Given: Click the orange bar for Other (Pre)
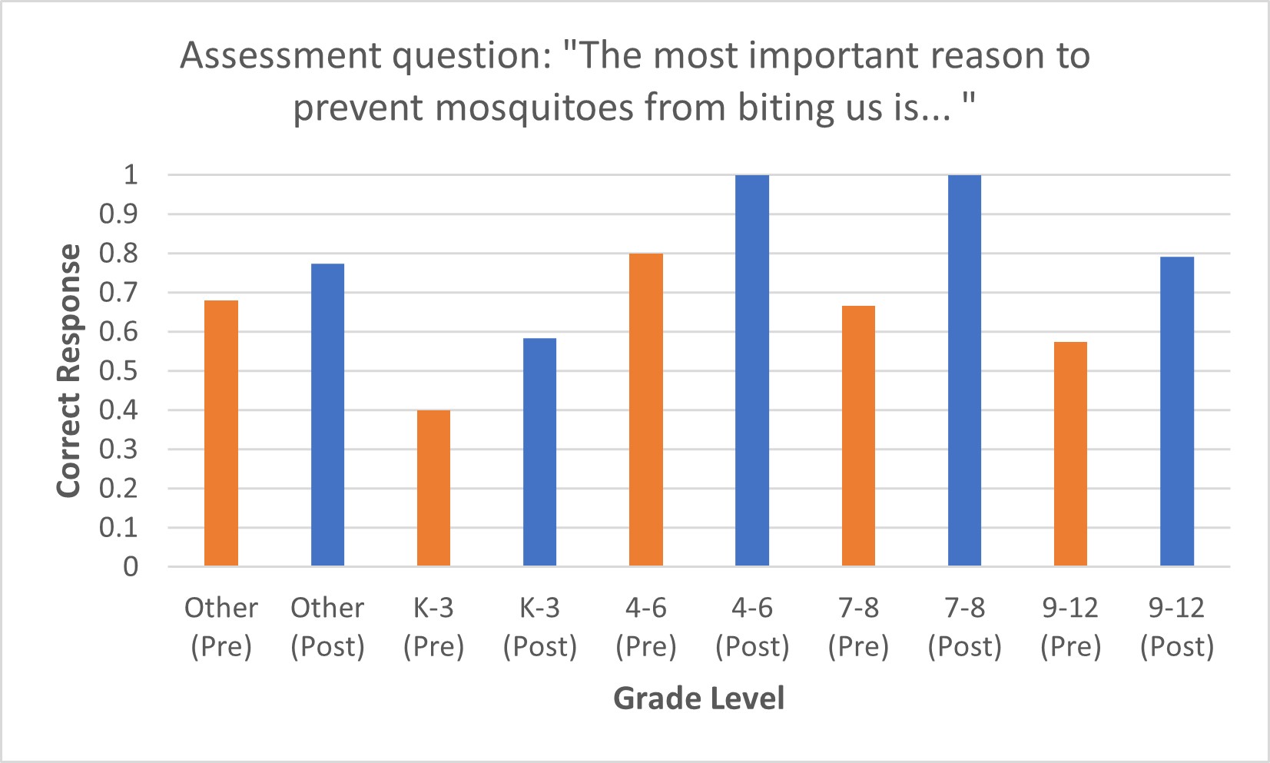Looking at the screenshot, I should (221, 433).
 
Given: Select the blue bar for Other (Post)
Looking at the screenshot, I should (327, 415).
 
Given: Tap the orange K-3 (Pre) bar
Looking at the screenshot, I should (433, 489).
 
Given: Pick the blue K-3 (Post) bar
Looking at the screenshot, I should (539, 452).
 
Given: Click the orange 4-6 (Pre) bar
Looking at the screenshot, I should (646, 410).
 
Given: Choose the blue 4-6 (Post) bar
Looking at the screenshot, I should (752, 370).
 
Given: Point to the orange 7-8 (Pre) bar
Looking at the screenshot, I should (858, 436).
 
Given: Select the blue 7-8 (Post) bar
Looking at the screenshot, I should (964, 370).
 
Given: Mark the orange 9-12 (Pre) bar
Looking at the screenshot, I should (1070, 454).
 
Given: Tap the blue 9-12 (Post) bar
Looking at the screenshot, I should (1177, 411).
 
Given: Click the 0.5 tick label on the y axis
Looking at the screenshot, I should (118, 371).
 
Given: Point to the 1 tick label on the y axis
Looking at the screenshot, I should (131, 174).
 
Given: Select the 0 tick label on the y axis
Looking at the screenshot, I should (131, 567).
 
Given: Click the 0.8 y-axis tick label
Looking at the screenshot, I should (118, 254).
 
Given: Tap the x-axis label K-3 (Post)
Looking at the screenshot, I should (539, 627).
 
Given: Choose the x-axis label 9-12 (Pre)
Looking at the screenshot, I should (1070, 627).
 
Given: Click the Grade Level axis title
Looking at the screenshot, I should (698, 698).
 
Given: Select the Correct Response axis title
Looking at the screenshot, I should (69, 370).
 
